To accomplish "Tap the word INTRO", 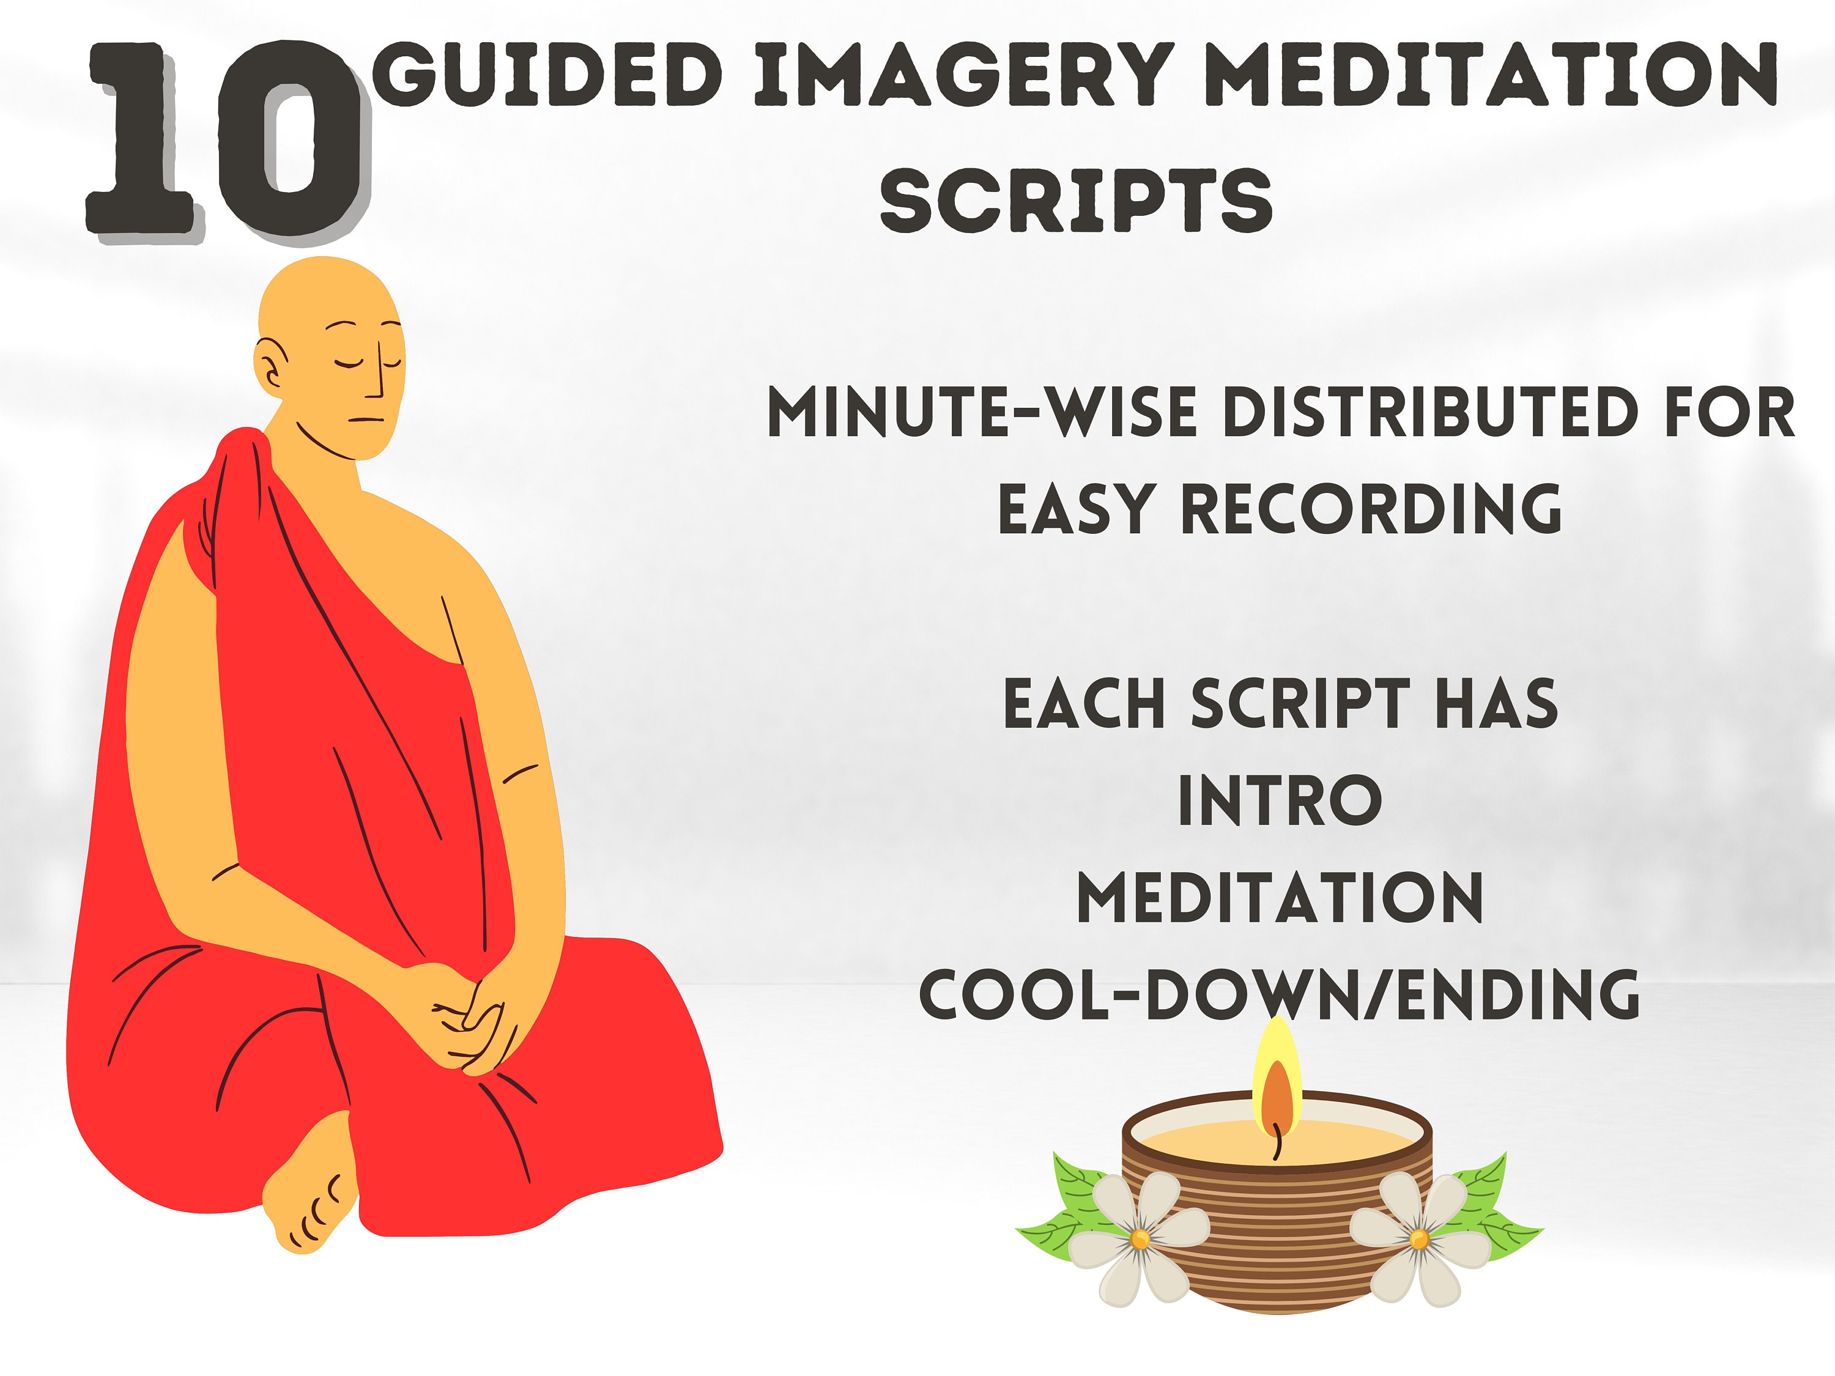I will pos(1280,801).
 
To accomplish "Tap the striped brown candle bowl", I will pos(1278,1219).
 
